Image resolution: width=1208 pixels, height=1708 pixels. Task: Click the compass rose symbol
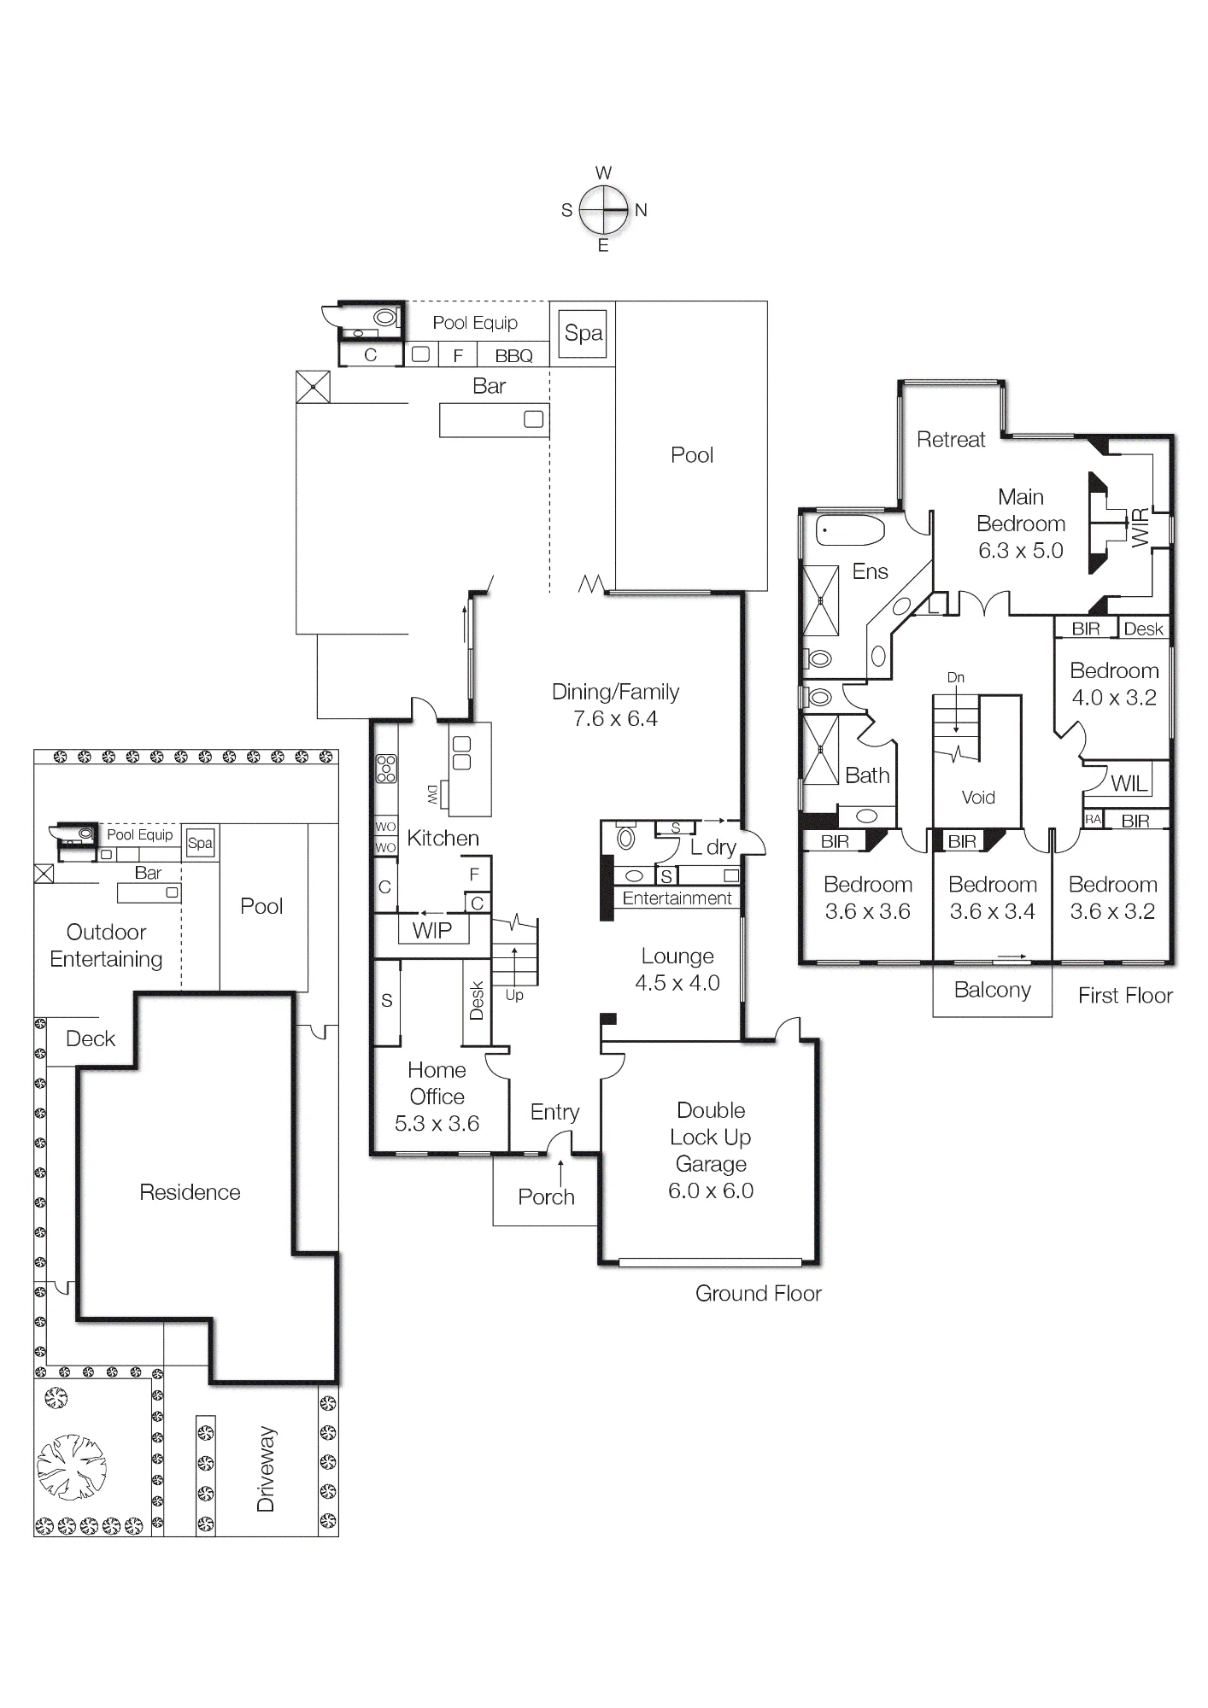click(x=604, y=209)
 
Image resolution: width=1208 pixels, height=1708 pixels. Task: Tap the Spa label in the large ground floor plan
click(x=583, y=333)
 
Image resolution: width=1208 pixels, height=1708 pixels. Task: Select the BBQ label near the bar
click(x=513, y=355)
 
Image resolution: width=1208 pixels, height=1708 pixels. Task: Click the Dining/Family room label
click(x=615, y=692)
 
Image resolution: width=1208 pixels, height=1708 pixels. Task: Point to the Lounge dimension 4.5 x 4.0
click(x=677, y=983)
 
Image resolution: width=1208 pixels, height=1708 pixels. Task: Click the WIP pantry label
click(x=432, y=931)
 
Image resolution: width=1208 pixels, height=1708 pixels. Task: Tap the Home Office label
click(x=437, y=1083)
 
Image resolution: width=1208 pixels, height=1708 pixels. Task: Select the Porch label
click(x=546, y=1196)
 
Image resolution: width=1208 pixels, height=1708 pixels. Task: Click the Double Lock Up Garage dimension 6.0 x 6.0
click(x=711, y=1190)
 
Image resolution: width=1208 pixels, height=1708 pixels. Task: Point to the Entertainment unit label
click(x=677, y=898)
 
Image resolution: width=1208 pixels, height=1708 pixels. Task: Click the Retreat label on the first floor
click(x=951, y=440)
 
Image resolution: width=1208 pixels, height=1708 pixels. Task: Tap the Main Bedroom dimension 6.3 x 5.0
click(x=1021, y=550)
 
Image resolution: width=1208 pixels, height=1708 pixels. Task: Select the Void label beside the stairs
click(x=978, y=798)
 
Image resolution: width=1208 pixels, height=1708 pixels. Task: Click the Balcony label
click(x=993, y=990)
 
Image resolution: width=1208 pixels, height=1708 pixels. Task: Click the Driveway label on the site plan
click(x=266, y=1468)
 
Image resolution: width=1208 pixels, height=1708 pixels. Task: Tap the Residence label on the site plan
click(x=190, y=1192)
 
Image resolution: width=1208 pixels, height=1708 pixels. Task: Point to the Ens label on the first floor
click(x=870, y=571)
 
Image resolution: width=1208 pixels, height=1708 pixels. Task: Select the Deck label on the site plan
click(x=91, y=1038)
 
